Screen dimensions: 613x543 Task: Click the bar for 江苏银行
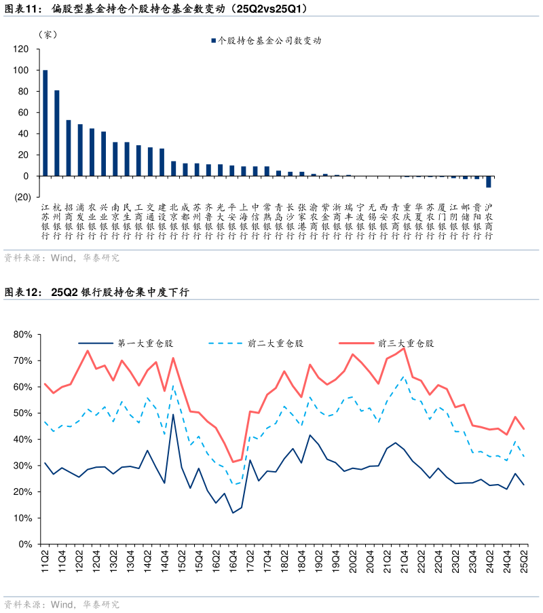pos(45,123)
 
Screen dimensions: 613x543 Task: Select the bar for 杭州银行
pos(56,133)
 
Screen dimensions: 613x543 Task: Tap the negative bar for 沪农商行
pos(488,182)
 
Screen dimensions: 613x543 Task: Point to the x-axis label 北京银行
pos(173,221)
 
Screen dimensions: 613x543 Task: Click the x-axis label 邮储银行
pos(465,221)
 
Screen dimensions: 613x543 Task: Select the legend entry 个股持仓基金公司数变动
pos(265,40)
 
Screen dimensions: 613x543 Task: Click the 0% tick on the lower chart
pos(25,544)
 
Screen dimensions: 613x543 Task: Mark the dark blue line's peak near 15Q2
pos(173,414)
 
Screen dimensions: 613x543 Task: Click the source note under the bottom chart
pos(61,603)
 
